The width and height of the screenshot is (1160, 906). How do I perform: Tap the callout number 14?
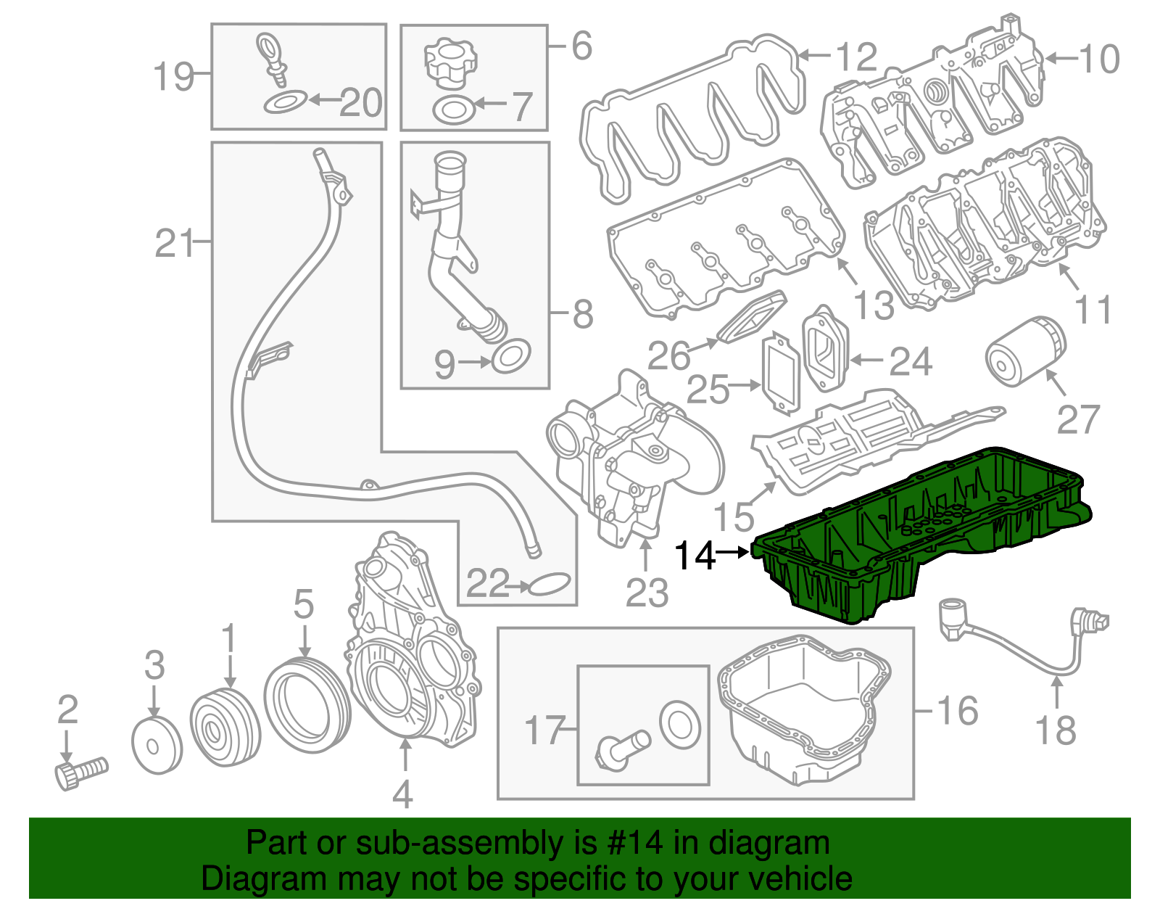694,556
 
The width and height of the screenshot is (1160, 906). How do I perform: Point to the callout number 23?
647,593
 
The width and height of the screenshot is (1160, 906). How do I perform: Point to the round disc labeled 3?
157,745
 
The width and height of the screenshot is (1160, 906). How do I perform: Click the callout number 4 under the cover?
402,794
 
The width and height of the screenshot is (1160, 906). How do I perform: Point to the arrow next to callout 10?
1060,58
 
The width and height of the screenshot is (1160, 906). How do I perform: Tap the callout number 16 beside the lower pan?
957,710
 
